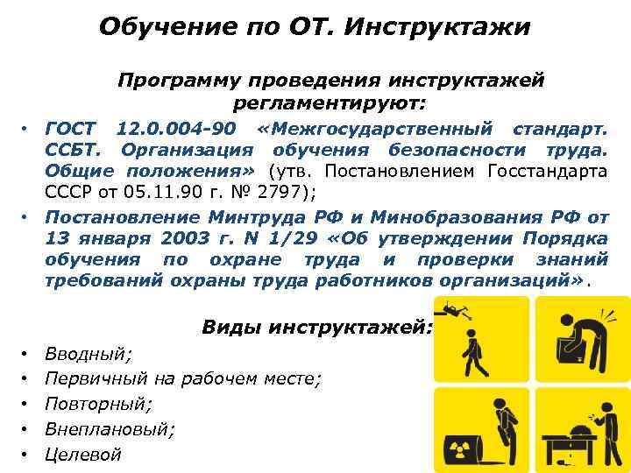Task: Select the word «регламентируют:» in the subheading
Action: tap(330, 103)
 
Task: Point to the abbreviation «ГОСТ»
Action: tap(72, 130)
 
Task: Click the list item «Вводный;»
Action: tap(89, 354)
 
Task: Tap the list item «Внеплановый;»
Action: tap(110, 430)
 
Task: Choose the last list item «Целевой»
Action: tap(82, 455)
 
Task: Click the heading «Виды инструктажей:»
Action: tap(316, 328)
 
